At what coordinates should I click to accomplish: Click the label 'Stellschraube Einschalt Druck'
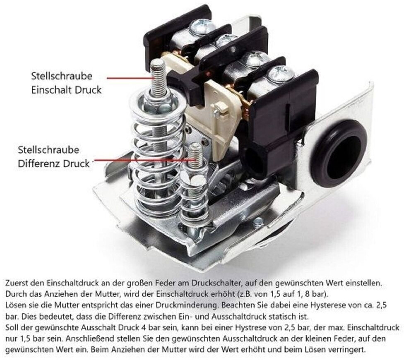(66, 83)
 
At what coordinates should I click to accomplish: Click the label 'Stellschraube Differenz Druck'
(54, 156)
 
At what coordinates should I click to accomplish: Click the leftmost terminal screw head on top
(202, 27)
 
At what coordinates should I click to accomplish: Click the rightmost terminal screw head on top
(281, 74)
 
